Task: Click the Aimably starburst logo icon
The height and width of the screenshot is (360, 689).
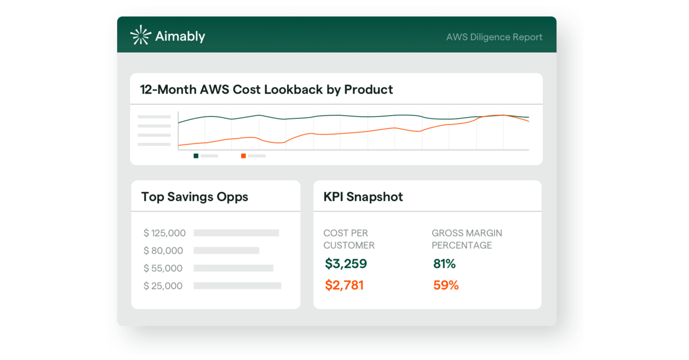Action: point(141,36)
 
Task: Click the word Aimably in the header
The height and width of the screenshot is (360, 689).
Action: point(180,37)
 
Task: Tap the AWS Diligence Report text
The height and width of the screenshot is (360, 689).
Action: point(494,37)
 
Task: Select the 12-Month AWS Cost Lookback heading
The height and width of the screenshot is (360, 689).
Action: point(266,90)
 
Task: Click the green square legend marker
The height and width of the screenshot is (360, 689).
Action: point(196,156)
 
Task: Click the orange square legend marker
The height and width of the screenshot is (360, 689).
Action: point(243,156)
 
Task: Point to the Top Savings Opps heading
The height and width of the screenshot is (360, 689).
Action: point(195,197)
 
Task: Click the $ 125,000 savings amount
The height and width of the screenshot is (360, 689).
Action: point(165,233)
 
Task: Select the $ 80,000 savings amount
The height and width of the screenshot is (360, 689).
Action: point(164,251)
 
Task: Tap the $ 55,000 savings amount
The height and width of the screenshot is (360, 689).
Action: point(164,268)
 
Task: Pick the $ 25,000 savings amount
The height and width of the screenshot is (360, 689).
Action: point(164,286)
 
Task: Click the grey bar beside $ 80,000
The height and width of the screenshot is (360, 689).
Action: point(226,251)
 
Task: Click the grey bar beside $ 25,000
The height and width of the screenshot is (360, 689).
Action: point(237,286)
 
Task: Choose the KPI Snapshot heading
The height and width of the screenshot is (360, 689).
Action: point(363,197)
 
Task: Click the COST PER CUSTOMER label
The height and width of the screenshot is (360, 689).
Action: point(349,239)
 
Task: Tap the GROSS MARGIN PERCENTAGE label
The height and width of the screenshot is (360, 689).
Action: point(466,239)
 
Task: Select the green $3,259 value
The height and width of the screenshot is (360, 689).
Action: point(346,264)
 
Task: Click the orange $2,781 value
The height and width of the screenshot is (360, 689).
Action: point(344,285)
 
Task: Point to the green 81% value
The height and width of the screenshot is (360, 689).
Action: point(444,264)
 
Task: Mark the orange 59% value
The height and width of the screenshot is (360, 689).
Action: point(446,285)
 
